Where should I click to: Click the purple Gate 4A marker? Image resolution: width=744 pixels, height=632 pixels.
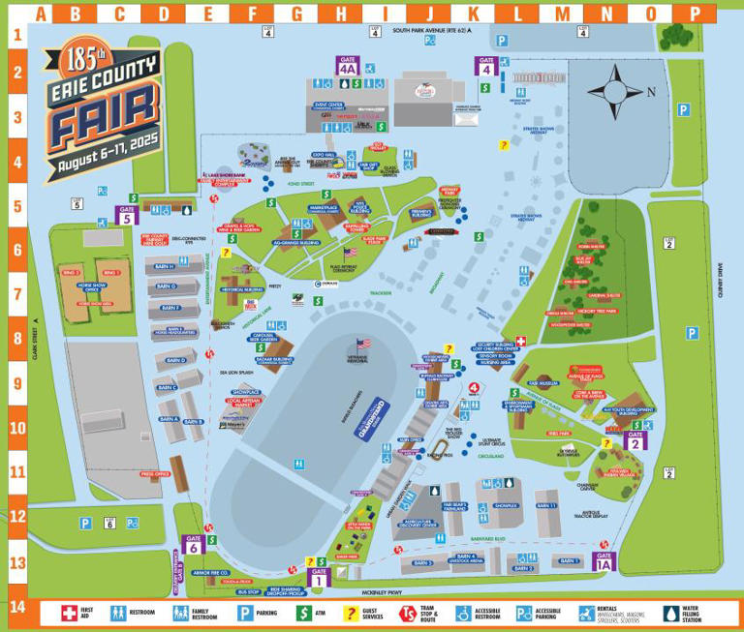click(x=348, y=66)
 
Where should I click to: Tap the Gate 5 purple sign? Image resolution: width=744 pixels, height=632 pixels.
click(x=126, y=215)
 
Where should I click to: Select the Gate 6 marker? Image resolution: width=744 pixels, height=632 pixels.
click(x=193, y=544)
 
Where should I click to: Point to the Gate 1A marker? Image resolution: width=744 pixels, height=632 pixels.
click(x=604, y=560)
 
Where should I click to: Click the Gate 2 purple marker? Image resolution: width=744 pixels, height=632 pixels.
click(x=635, y=441)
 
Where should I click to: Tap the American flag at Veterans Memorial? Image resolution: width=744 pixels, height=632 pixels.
click(x=364, y=345)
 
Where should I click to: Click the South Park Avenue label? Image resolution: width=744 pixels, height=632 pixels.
click(x=430, y=31)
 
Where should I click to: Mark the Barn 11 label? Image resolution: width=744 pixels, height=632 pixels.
click(x=546, y=505)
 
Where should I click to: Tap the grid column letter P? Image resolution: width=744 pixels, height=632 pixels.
click(x=694, y=14)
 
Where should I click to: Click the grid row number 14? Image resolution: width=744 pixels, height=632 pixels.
click(x=15, y=607)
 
